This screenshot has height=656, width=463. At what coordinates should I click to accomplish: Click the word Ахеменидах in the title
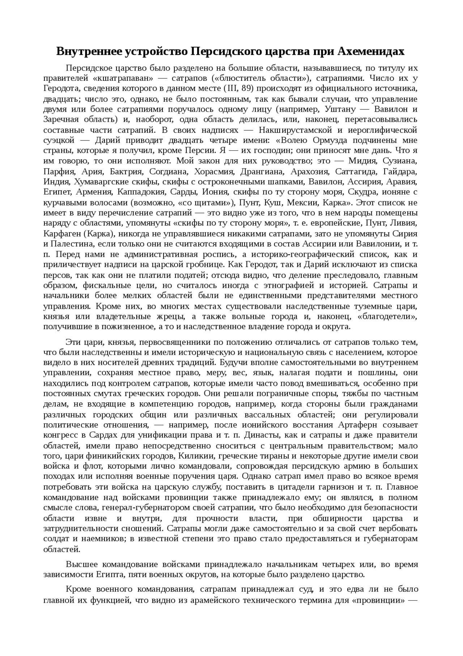(x=371, y=52)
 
